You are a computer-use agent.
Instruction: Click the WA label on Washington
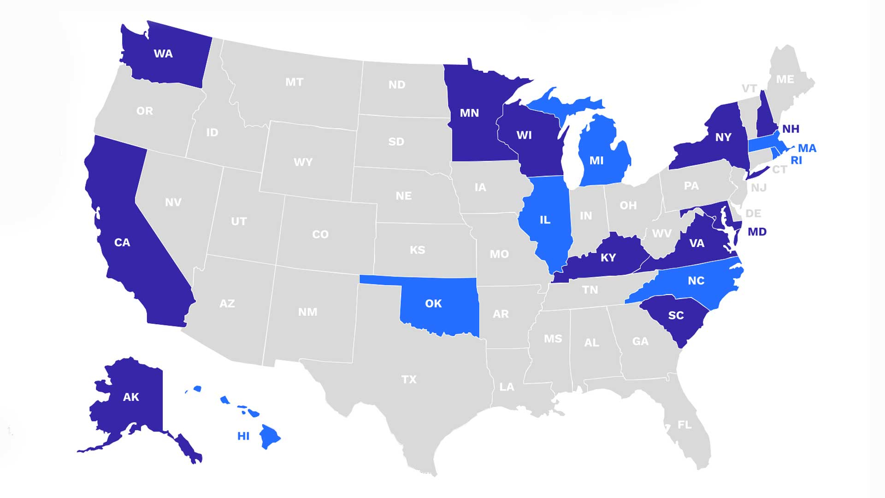(x=163, y=54)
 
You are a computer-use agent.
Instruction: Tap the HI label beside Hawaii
(x=243, y=436)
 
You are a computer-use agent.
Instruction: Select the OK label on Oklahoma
(x=433, y=303)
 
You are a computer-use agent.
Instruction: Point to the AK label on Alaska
(x=131, y=397)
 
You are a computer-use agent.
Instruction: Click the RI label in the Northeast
(x=796, y=160)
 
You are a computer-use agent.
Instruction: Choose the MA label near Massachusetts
(x=807, y=148)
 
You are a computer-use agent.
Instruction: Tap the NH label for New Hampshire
(x=791, y=129)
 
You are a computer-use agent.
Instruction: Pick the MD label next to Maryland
(x=757, y=232)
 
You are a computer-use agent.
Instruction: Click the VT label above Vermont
(x=749, y=89)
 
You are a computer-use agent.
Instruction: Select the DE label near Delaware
(x=753, y=213)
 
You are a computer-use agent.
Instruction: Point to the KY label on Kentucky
(x=608, y=258)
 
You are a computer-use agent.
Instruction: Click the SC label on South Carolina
(x=676, y=315)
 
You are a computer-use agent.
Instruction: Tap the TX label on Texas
(x=409, y=379)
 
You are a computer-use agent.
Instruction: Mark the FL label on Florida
(x=684, y=425)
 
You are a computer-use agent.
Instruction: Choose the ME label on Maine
(x=785, y=79)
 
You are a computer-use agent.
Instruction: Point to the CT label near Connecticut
(x=779, y=170)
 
